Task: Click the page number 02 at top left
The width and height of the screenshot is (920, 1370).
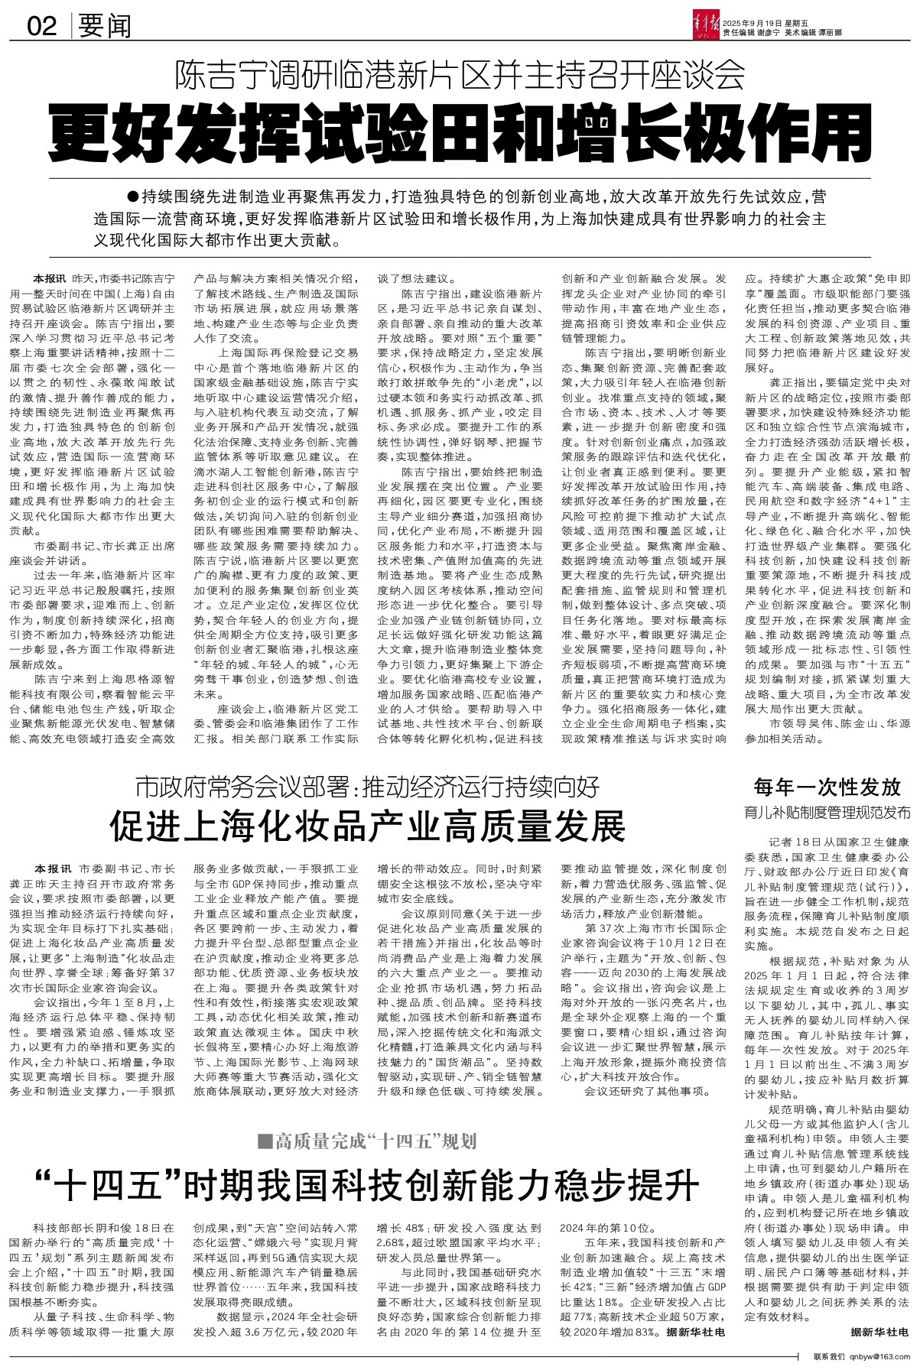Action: pos(42,28)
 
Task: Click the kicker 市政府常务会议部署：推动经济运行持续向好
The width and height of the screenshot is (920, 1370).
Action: pos(367,788)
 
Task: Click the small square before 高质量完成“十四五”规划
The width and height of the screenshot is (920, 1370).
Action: pos(265,1142)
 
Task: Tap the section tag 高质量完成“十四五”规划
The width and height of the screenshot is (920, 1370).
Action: pos(375,1142)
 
